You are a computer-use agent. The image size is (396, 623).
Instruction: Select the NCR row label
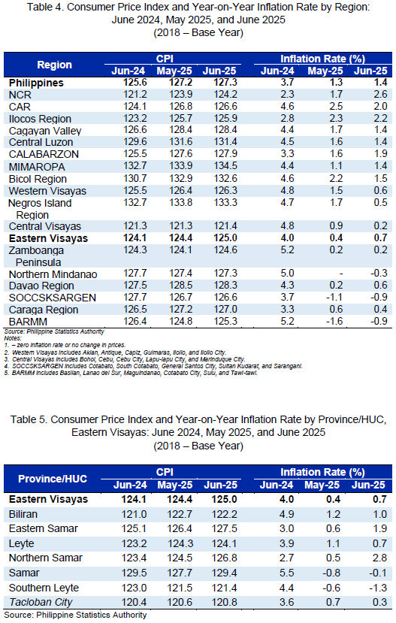pyautogui.click(x=20, y=95)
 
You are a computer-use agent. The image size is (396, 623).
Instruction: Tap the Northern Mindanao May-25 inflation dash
pyautogui.click(x=341, y=274)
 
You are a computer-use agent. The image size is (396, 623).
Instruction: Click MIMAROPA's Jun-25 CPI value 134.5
pyautogui.click(x=225, y=166)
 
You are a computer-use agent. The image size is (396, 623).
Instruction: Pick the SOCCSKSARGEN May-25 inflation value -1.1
pyautogui.click(x=334, y=297)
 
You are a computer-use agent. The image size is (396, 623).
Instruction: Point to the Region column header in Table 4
pyautogui.click(x=54, y=65)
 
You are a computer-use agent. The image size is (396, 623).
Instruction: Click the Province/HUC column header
pyautogui.click(x=53, y=479)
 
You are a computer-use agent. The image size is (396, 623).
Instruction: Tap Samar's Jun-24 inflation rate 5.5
pyautogui.click(x=286, y=573)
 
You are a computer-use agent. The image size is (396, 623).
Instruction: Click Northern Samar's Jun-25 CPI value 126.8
pyautogui.click(x=225, y=558)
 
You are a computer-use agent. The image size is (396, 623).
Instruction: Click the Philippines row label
pyautogui.click(x=36, y=83)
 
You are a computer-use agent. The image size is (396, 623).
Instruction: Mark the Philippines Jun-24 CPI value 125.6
pyautogui.click(x=135, y=83)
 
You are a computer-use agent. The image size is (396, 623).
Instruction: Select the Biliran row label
pyautogui.click(x=23, y=514)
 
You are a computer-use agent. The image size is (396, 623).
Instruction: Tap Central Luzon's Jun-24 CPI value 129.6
pyautogui.click(x=135, y=142)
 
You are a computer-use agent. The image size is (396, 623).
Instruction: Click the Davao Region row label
pyautogui.click(x=41, y=286)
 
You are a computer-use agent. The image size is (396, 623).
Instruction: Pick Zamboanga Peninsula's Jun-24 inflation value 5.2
pyautogui.click(x=287, y=250)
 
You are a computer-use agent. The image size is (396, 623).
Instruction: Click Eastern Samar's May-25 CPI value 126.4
pyautogui.click(x=180, y=528)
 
